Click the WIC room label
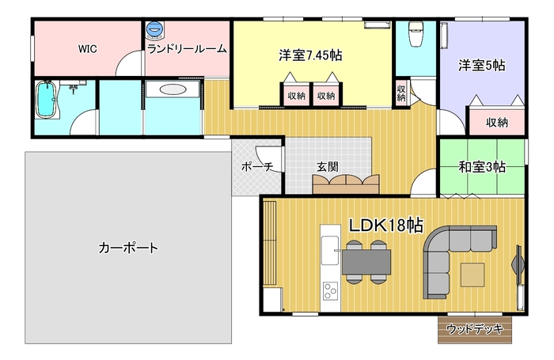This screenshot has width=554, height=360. point(87,49)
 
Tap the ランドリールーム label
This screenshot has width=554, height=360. point(187,49)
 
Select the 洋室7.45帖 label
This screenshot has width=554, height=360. point(310,55)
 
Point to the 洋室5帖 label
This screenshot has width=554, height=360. point(481,66)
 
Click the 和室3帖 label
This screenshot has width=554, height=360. point(482,167)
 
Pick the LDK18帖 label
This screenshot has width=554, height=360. point(386,225)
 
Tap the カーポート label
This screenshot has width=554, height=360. point(128,248)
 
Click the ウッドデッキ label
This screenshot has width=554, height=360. point(475,329)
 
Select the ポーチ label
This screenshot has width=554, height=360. point(257,166)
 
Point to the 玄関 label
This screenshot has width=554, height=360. point(327,166)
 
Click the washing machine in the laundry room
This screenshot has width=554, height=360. point(155,30)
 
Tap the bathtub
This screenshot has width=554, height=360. point(46,99)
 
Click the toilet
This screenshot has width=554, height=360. point(415,34)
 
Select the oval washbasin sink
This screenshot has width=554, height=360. point(172,89)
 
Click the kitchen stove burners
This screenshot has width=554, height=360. point(331,291)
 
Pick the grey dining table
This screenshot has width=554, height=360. point(366,262)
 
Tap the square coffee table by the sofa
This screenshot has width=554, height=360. point(472,275)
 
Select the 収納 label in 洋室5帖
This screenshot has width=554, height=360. point(497,122)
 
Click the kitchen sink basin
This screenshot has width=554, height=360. point(330,251)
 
